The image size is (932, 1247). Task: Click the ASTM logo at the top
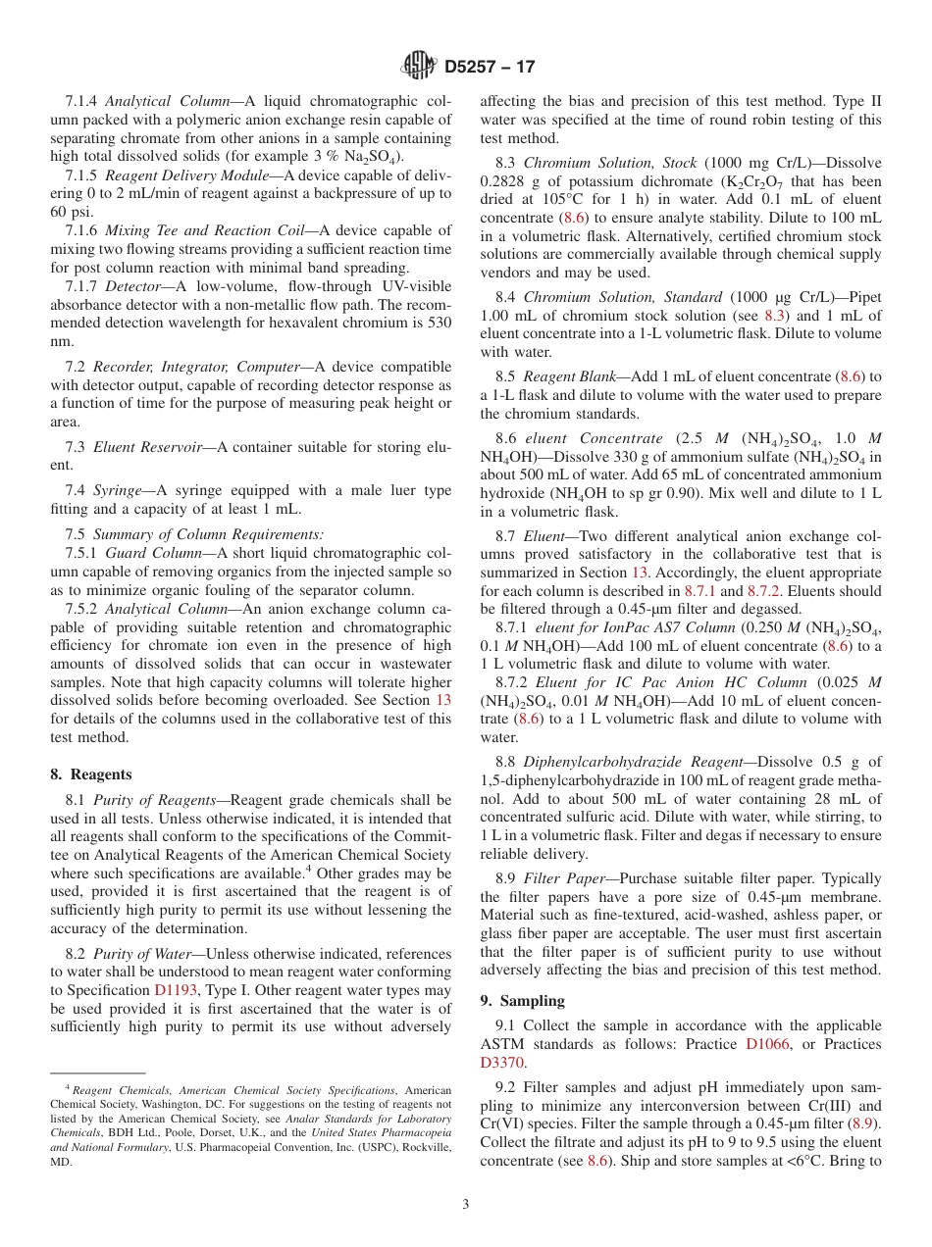point(419,67)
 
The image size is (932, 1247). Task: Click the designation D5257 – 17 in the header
point(490,68)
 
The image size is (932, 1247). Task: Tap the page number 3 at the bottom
point(466,1205)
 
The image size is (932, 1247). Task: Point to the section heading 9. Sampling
point(522,1000)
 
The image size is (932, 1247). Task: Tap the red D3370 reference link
point(502,1063)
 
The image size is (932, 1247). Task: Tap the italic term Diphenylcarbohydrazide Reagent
point(617,762)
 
